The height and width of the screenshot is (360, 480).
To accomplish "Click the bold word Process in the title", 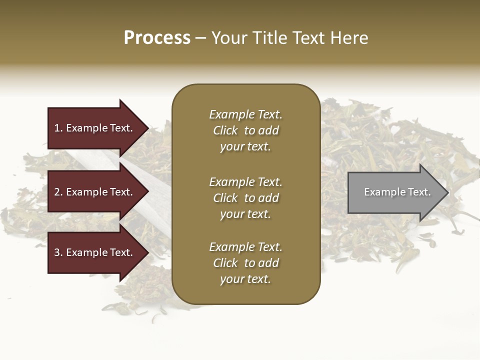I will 157,38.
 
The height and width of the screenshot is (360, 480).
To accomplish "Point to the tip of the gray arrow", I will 447,192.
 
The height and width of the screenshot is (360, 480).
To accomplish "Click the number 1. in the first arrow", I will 58,128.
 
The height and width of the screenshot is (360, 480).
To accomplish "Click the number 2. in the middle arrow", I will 58,192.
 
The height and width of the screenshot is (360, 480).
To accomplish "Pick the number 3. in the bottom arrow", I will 58,252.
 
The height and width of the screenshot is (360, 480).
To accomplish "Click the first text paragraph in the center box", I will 245,130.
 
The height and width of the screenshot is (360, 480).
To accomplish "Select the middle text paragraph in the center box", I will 245,198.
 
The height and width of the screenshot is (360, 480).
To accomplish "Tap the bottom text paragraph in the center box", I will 245,263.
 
